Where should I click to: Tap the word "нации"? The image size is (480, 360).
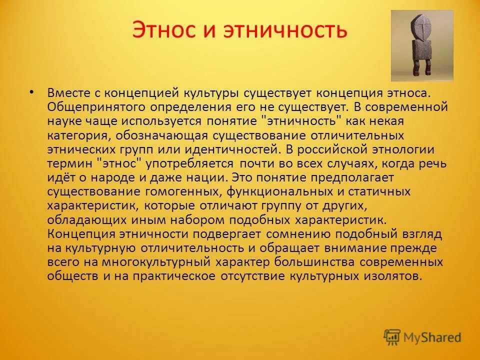(x=210, y=177)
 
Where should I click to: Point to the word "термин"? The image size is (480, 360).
(x=69, y=163)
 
